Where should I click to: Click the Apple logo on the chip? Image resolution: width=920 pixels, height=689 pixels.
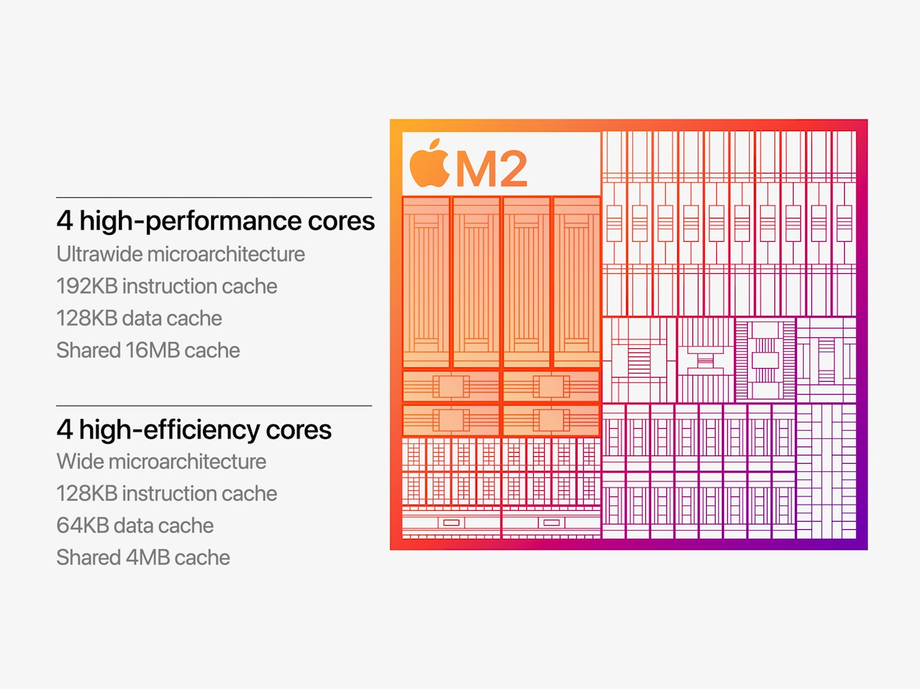tap(429, 164)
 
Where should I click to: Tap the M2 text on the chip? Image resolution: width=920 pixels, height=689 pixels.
tap(491, 169)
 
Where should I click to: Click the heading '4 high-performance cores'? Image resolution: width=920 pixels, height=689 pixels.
tap(215, 221)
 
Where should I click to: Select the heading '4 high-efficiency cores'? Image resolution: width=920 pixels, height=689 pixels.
tap(193, 430)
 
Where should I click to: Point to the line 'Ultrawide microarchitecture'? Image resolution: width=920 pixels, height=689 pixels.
tap(180, 254)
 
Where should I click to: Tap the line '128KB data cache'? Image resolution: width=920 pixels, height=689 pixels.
tap(139, 318)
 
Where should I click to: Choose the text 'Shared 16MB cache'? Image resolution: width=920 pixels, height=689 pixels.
tap(148, 350)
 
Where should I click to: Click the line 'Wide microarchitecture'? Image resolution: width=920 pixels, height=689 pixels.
tap(161, 462)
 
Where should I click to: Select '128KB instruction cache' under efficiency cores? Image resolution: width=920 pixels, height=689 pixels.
tap(167, 494)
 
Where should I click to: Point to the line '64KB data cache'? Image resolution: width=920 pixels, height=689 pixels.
tap(135, 526)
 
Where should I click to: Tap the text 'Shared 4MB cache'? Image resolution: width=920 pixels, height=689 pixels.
tap(143, 558)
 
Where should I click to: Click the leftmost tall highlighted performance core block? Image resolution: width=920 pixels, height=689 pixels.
tap(427, 282)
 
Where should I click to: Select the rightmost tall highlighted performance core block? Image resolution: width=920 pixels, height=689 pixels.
tap(576, 282)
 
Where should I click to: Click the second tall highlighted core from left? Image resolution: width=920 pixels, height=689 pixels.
tap(476, 282)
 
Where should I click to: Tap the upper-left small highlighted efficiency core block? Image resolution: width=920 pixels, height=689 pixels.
tap(451, 386)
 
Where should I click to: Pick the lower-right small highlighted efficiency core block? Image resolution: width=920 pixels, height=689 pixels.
tap(551, 420)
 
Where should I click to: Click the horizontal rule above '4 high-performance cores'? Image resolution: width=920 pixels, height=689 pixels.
tap(214, 198)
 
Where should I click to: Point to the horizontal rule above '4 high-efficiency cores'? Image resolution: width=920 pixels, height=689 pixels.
tap(214, 406)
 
